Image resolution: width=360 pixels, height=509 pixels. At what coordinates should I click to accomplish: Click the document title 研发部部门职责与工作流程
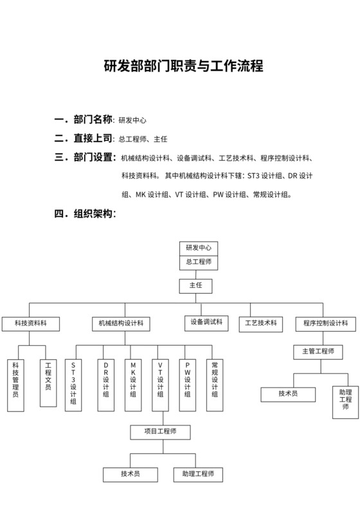(x=183, y=66)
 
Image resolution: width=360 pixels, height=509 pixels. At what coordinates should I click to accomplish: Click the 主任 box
(x=195, y=286)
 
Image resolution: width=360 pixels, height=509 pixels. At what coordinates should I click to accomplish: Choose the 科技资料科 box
(x=30, y=324)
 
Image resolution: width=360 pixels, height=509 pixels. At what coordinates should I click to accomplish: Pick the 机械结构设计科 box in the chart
(x=121, y=324)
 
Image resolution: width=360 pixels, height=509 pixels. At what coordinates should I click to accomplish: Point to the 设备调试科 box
(x=206, y=322)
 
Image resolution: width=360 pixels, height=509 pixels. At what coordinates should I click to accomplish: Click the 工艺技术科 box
(x=260, y=324)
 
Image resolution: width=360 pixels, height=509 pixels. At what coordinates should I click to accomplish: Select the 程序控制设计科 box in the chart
(x=325, y=324)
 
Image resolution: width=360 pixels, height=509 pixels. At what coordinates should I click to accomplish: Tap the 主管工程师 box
(x=318, y=352)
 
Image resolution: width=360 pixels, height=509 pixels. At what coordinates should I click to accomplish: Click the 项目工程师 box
(x=160, y=431)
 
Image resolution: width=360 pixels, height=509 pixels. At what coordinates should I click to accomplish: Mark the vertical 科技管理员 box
(x=16, y=384)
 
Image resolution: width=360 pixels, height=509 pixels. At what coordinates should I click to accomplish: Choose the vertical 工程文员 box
(x=48, y=382)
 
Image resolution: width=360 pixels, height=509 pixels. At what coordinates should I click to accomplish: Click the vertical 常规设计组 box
(x=215, y=384)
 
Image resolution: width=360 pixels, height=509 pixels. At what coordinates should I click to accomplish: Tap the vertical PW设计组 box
(x=187, y=384)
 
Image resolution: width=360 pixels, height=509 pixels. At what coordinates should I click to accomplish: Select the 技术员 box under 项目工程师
(x=130, y=474)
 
